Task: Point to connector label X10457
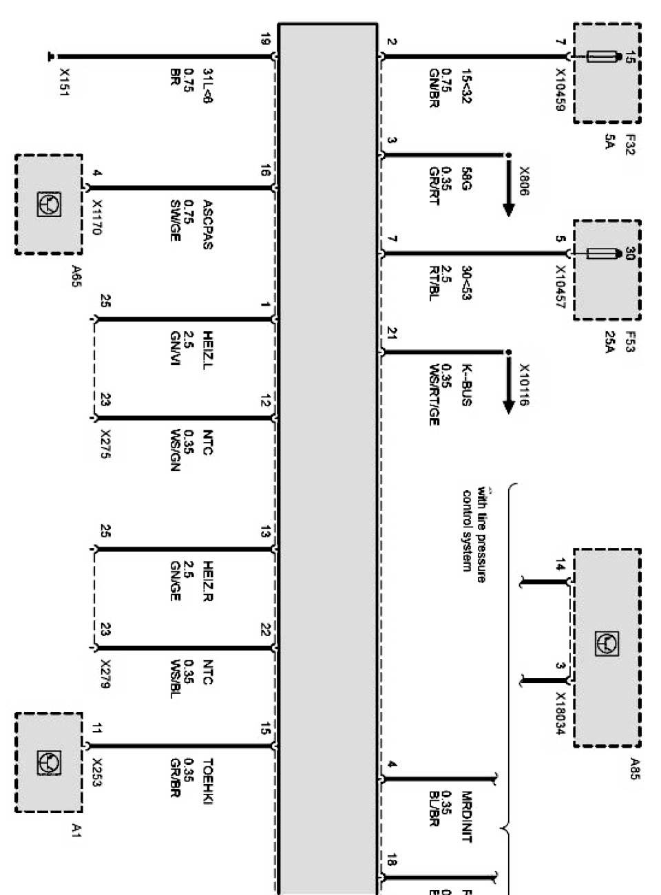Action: (x=560, y=287)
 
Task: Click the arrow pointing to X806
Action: (x=509, y=189)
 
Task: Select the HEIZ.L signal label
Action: (x=207, y=350)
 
